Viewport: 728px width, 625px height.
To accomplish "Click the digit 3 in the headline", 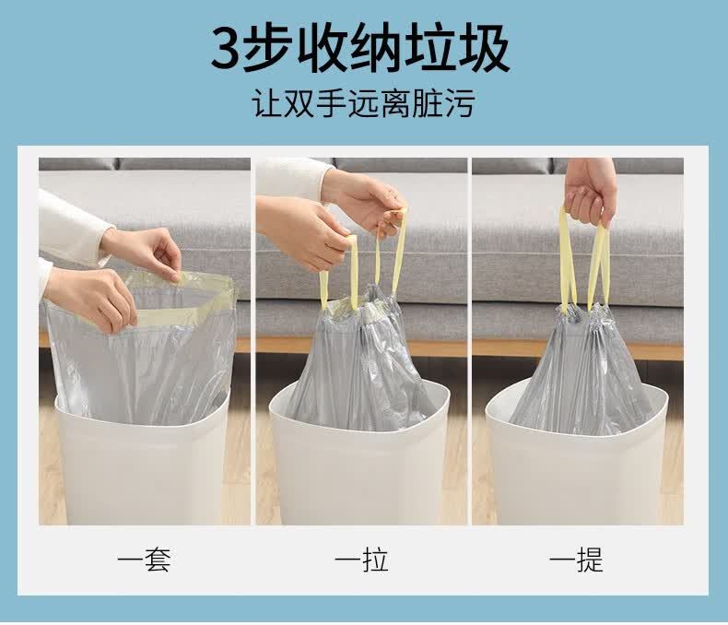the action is (226, 49).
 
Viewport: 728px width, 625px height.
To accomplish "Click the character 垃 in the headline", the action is (429, 48).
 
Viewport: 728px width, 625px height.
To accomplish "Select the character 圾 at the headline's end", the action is (483, 48).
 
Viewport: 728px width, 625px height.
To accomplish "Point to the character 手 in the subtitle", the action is (332, 103).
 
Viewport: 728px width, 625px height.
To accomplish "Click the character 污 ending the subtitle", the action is (459, 103).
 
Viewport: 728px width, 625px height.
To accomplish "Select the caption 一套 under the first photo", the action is (144, 560).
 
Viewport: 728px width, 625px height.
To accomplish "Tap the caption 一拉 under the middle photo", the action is (361, 560).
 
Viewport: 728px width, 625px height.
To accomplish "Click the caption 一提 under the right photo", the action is (576, 560).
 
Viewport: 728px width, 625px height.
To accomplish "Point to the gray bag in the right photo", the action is (581, 371).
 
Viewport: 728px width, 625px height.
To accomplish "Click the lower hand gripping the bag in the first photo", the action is (90, 297).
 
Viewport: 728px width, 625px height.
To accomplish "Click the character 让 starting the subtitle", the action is (268, 103).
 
